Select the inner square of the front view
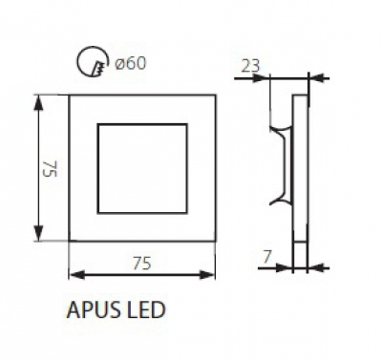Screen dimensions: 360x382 [142, 168]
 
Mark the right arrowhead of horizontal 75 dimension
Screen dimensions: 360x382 [210, 274]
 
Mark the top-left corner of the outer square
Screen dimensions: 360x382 [72, 95]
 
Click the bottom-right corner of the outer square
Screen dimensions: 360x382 [214, 241]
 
